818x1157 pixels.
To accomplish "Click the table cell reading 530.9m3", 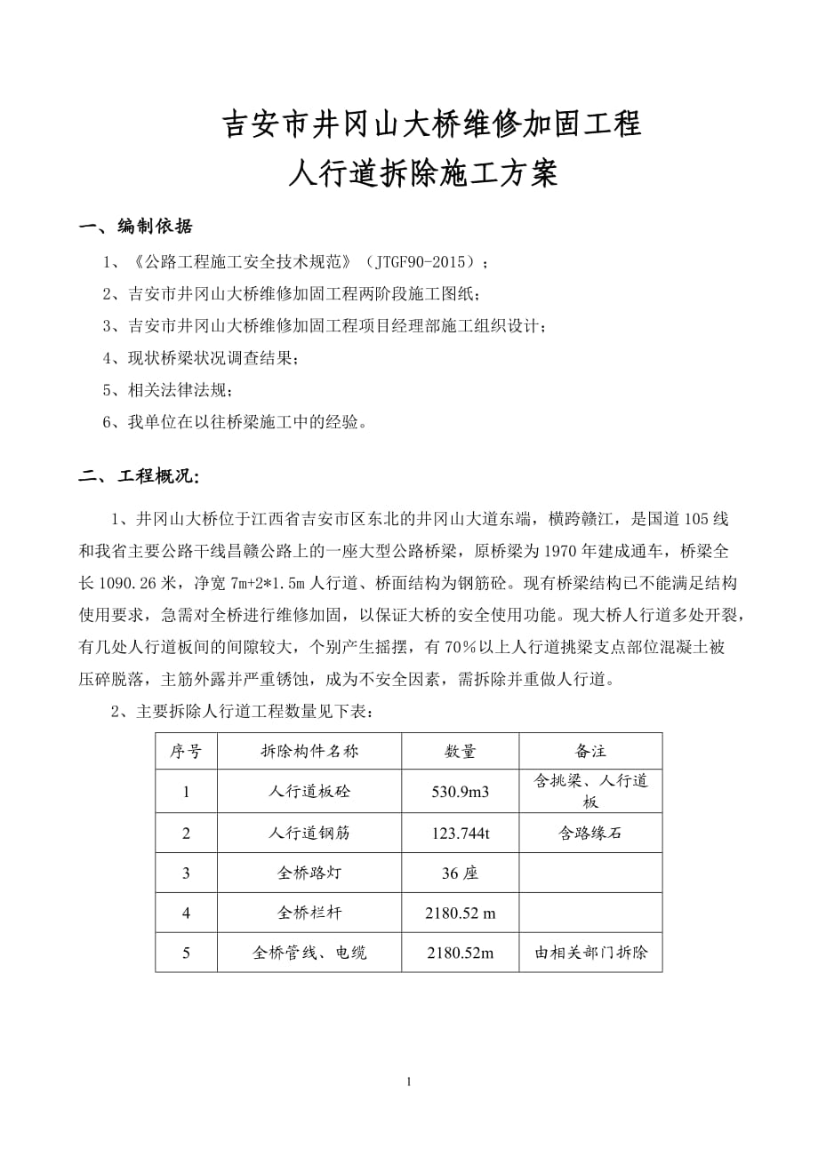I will (460, 791).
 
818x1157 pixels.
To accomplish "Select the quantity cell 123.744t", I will (460, 833).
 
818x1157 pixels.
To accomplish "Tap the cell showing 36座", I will (460, 874).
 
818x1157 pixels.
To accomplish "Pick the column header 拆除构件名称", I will (309, 752).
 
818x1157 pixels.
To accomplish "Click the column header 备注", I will (590, 752).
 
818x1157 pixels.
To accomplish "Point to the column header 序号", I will (186, 752).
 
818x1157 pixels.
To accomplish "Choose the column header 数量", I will (460, 752).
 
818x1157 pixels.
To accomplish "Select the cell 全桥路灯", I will (309, 874).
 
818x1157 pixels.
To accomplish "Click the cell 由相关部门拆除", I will (590, 953).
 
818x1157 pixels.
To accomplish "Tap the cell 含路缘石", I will (590, 833).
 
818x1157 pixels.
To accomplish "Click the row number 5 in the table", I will (186, 953).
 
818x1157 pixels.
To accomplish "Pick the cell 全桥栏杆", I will (309, 913).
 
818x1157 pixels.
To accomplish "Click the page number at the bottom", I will (408, 1081).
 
